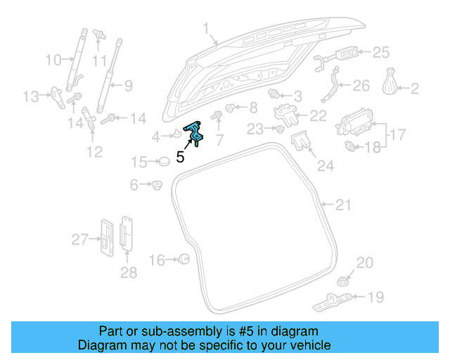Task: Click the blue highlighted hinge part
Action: tap(193, 132)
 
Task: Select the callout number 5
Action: tap(181, 157)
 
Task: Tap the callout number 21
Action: tap(342, 205)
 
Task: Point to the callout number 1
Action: tap(206, 28)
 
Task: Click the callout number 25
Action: tap(380, 52)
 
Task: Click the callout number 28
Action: tap(128, 272)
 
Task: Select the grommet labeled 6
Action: tap(156, 186)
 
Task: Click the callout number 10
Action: tap(53, 60)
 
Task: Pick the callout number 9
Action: tap(128, 87)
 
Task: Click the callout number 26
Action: tap(360, 86)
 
